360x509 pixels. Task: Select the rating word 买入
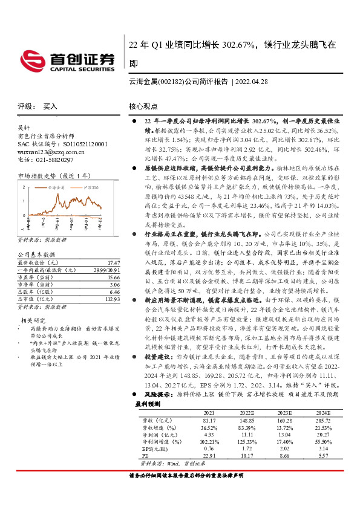click(50, 106)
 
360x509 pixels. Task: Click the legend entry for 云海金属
click(55, 189)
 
